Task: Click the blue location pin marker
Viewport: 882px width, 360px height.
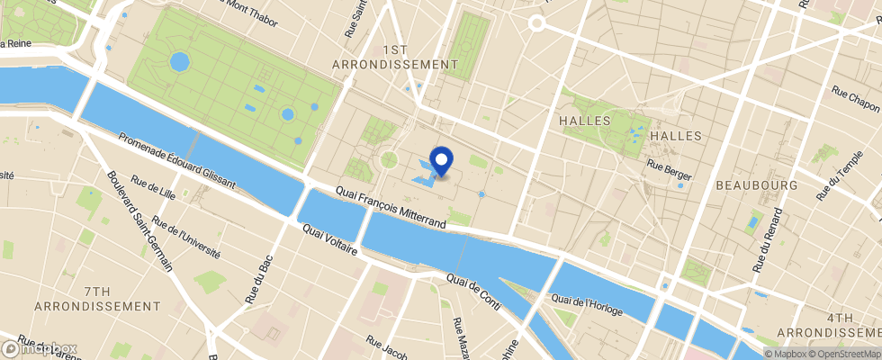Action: [442, 160]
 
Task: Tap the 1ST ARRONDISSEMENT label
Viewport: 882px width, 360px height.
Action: [395, 57]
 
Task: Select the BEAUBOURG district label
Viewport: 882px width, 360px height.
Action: [757, 184]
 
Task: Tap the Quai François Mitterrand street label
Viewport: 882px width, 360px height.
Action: [391, 207]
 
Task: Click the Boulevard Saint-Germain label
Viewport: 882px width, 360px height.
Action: [140, 220]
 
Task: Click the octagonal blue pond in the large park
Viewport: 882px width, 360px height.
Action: [179, 62]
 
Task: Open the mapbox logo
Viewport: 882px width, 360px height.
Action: [40, 348]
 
